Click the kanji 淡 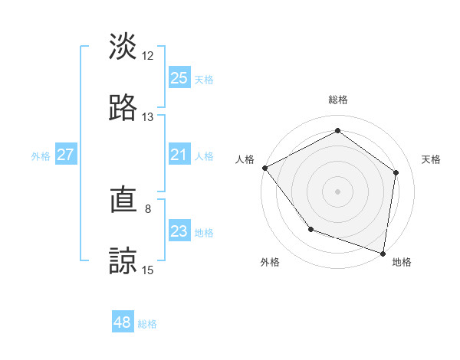click(x=123, y=47)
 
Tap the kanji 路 click(x=123, y=108)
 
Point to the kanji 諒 click(x=123, y=261)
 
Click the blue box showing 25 click(x=179, y=78)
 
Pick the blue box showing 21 click(x=179, y=155)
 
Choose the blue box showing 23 click(x=179, y=232)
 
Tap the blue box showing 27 click(x=65, y=155)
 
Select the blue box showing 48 click(x=122, y=322)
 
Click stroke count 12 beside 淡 click(x=148, y=56)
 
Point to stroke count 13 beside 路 click(x=148, y=117)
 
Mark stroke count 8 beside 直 click(x=148, y=208)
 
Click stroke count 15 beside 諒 click(x=148, y=270)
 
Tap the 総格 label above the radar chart click(x=338, y=100)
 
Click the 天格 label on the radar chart click(x=431, y=159)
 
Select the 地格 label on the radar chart click(x=402, y=262)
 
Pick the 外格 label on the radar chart click(x=270, y=262)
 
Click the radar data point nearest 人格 click(x=264, y=168)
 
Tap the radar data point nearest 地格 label click(x=383, y=253)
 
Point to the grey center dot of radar click(x=338, y=191)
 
